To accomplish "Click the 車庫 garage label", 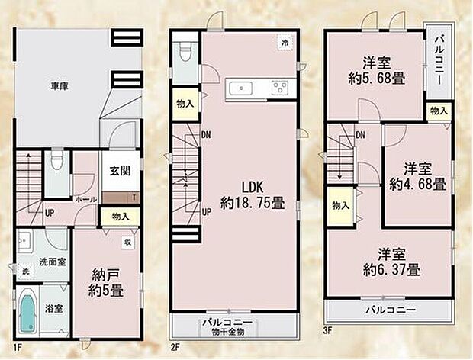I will (x=58, y=88).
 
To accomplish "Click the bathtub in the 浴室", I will (x=27, y=312).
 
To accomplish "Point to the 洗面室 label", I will (x=52, y=261).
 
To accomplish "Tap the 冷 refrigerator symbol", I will (x=283, y=42).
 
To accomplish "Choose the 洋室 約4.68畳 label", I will (x=417, y=175).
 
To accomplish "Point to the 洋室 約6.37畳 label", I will (x=389, y=262).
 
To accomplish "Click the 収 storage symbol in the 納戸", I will (x=128, y=243).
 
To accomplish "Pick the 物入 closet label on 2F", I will (x=184, y=104).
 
